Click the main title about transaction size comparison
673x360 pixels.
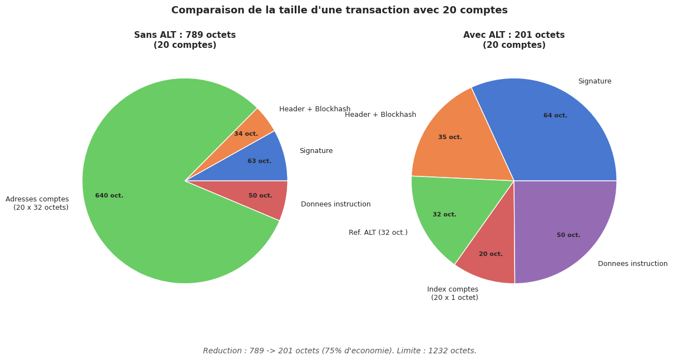[339, 11]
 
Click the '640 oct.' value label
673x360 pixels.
[109, 196]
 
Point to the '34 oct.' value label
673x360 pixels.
[246, 134]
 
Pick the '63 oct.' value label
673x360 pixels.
[259, 161]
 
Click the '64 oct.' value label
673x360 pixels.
[555, 116]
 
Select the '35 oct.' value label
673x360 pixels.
[450, 137]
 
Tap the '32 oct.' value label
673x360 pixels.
[444, 215]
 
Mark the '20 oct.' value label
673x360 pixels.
[491, 254]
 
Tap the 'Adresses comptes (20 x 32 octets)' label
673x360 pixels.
[37, 204]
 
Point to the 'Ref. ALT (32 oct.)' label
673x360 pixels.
[378, 233]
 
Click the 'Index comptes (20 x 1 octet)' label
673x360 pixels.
[453, 294]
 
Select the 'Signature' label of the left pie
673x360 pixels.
[316, 151]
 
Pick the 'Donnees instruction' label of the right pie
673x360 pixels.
[632, 264]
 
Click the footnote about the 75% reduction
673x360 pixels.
[339, 351]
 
